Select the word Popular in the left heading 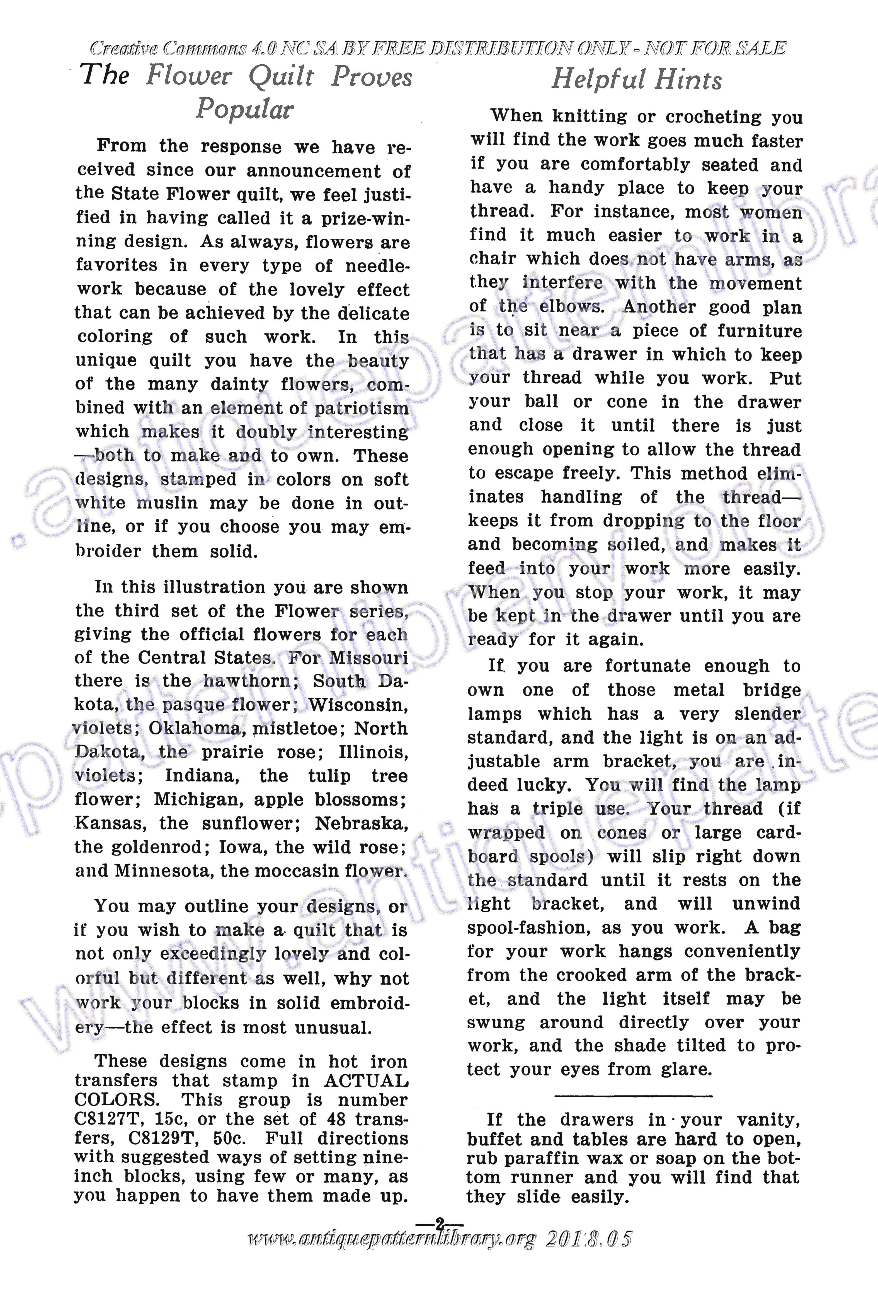coord(244,108)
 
